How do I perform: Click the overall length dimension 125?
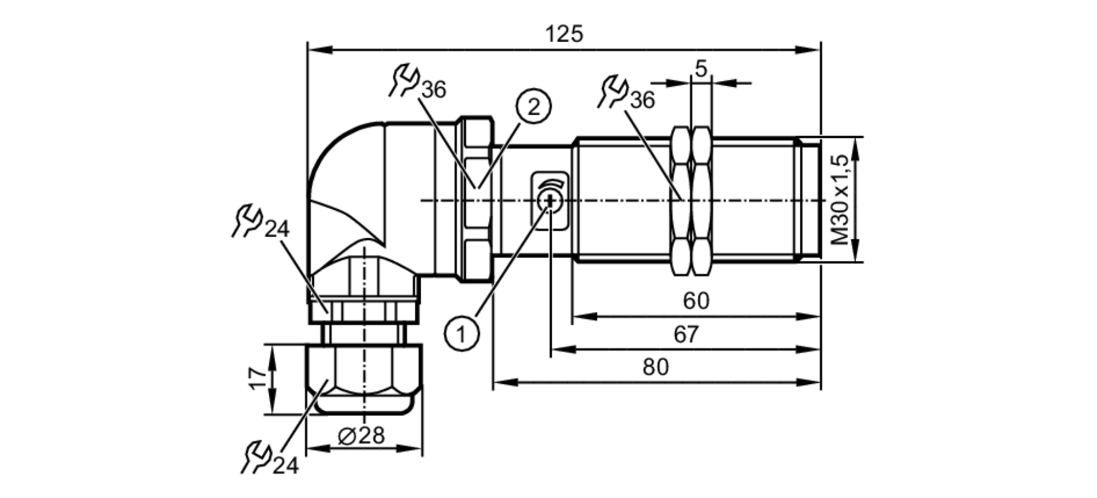click(564, 35)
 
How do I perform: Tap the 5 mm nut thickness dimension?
click(701, 69)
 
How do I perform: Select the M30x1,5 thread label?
click(839, 200)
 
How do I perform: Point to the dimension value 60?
click(695, 301)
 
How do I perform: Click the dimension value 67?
click(686, 334)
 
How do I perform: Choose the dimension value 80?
click(655, 367)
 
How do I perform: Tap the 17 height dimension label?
click(258, 379)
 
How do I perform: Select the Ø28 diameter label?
click(361, 436)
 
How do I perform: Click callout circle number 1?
click(461, 333)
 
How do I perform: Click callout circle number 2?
click(533, 107)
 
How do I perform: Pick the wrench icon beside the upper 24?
click(247, 221)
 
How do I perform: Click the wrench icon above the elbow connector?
click(405, 81)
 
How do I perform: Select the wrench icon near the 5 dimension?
click(613, 91)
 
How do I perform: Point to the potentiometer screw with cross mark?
click(549, 202)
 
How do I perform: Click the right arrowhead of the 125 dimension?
click(812, 50)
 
